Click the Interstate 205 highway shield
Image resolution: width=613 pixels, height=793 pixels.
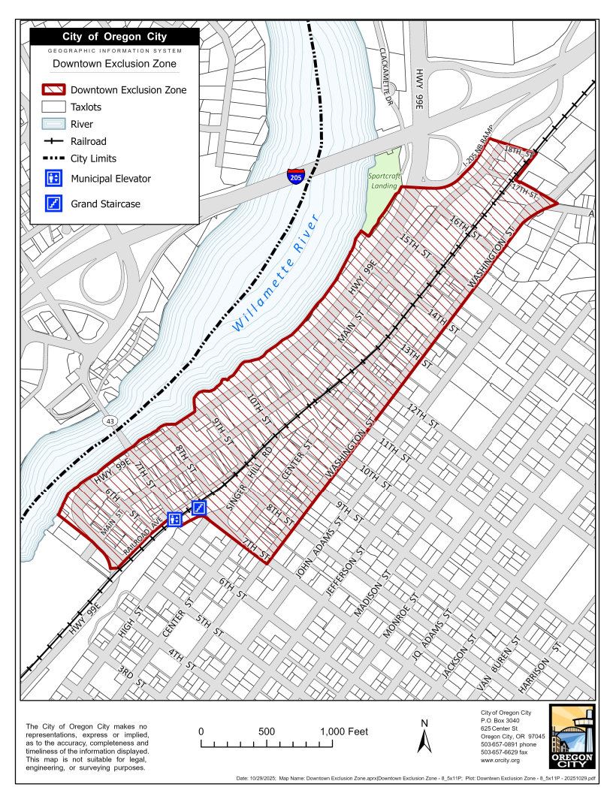(x=296, y=178)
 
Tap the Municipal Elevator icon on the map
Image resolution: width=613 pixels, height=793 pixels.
(x=175, y=518)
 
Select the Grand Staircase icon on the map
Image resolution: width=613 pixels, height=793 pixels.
(x=199, y=508)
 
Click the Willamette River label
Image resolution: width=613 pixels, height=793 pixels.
(x=276, y=272)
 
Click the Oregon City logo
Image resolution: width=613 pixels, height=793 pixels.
(x=572, y=737)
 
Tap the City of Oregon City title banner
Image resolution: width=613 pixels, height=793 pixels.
(x=115, y=37)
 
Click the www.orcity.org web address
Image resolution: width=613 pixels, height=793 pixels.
(x=500, y=761)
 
